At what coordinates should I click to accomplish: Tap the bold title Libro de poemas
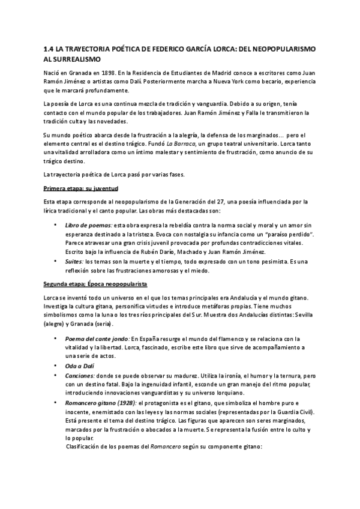[88, 224]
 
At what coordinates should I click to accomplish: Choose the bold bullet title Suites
[74, 261]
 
